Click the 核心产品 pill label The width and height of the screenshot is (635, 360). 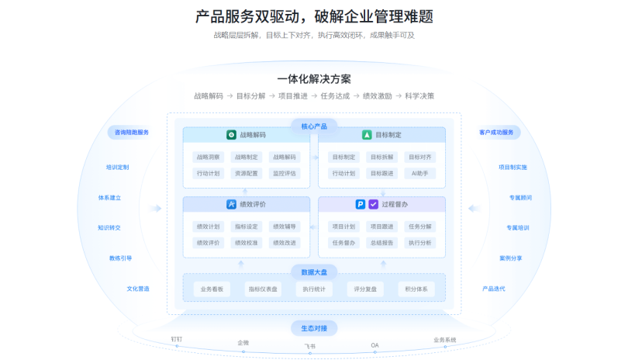(314, 126)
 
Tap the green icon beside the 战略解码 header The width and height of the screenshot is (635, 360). (230, 135)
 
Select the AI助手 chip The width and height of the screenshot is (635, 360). (420, 173)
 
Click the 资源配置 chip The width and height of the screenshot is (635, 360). (247, 173)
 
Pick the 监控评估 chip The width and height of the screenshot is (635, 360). (284, 173)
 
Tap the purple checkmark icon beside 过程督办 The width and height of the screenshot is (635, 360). (373, 205)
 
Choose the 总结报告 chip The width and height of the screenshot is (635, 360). (381, 242)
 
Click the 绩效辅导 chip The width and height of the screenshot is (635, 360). (284, 227)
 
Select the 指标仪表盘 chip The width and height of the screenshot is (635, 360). (262, 289)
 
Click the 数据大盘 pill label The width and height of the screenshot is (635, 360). (314, 272)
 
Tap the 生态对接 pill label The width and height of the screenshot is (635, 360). (314, 327)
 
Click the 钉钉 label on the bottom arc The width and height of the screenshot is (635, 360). (177, 339)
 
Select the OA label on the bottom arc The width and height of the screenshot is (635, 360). (374, 344)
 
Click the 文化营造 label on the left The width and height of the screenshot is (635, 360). (138, 289)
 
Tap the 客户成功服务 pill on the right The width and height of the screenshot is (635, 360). (496, 132)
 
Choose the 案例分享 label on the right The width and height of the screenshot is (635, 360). (510, 258)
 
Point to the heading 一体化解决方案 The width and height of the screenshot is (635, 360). (314, 79)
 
